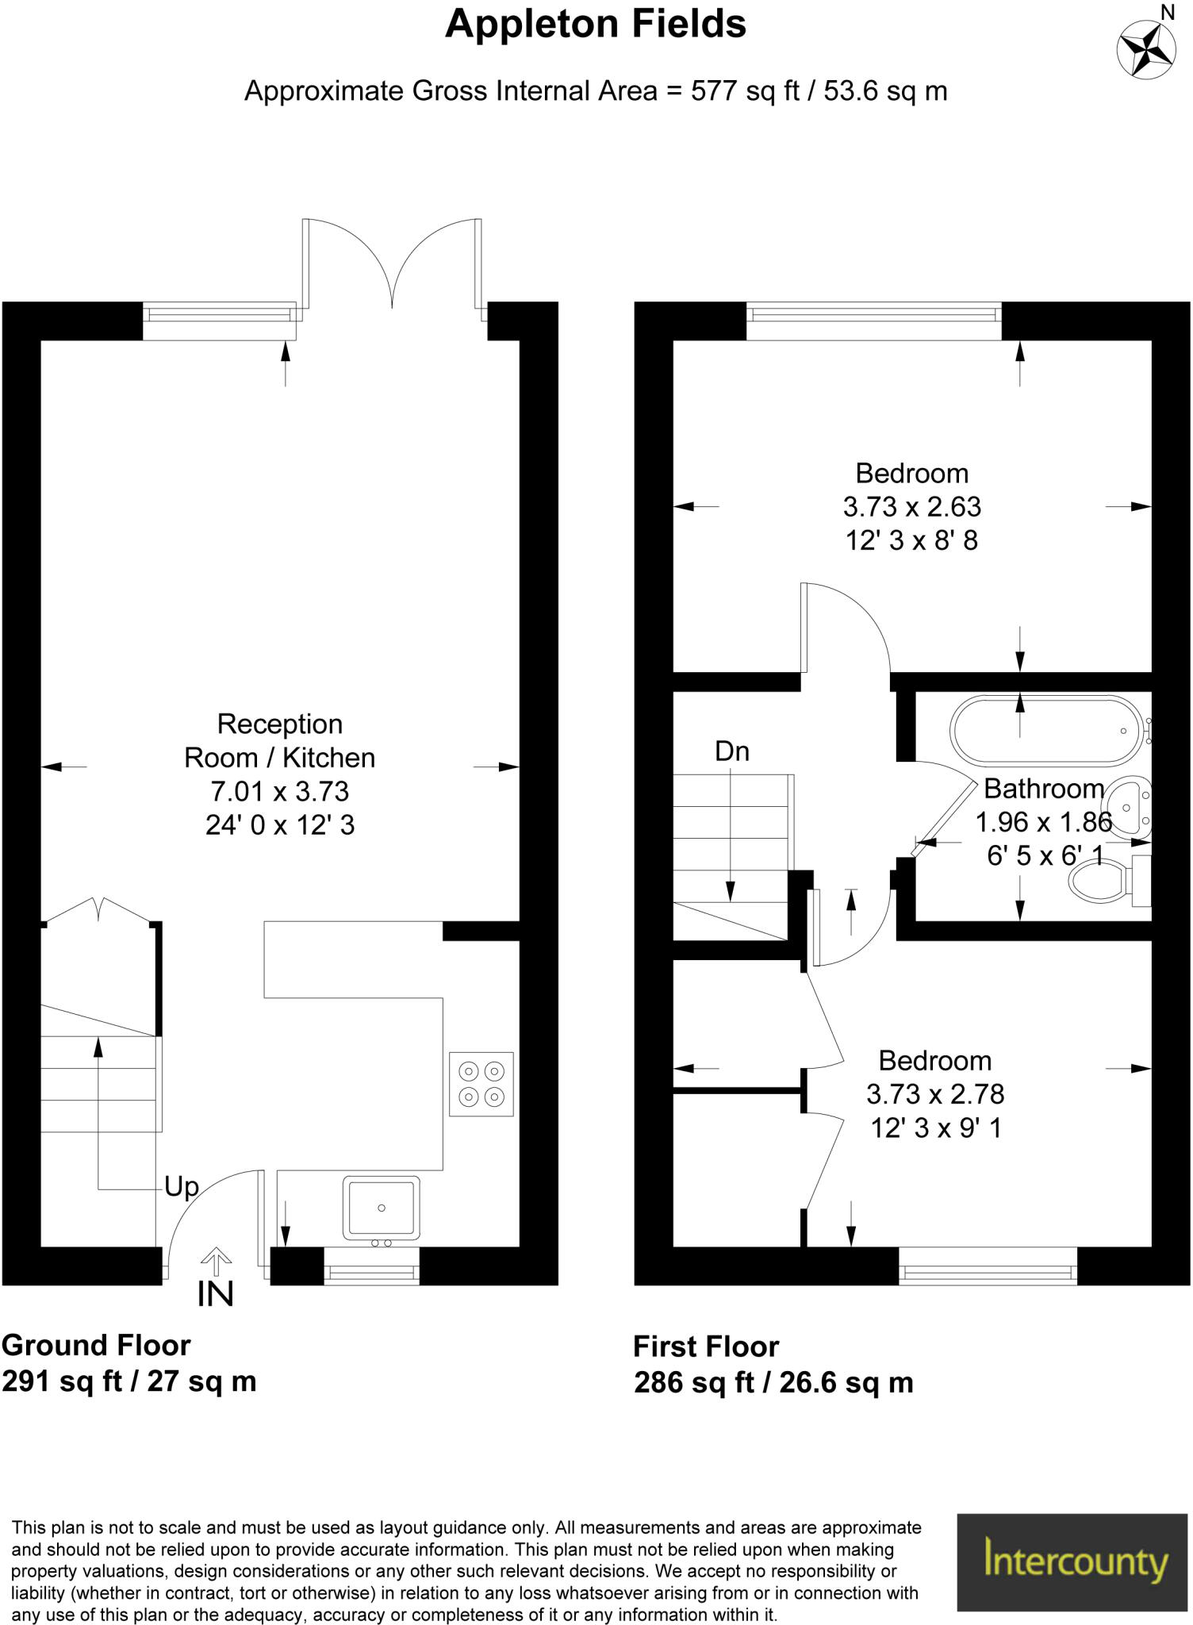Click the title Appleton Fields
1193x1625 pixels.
point(596,25)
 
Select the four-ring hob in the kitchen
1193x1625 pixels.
point(481,1084)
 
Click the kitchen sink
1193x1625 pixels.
point(381,1209)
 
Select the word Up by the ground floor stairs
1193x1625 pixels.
point(182,1188)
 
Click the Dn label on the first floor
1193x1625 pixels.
point(731,751)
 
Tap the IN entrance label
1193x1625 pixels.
point(216,1294)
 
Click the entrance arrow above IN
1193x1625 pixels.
point(216,1261)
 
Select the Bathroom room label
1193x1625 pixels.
point(1044,789)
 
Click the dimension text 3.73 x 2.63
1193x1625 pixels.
point(911,506)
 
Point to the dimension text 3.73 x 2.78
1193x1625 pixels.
point(935,1094)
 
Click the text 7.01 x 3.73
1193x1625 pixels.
point(279,791)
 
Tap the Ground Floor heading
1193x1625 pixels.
point(96,1345)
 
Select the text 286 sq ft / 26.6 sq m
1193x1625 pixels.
point(773,1382)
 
